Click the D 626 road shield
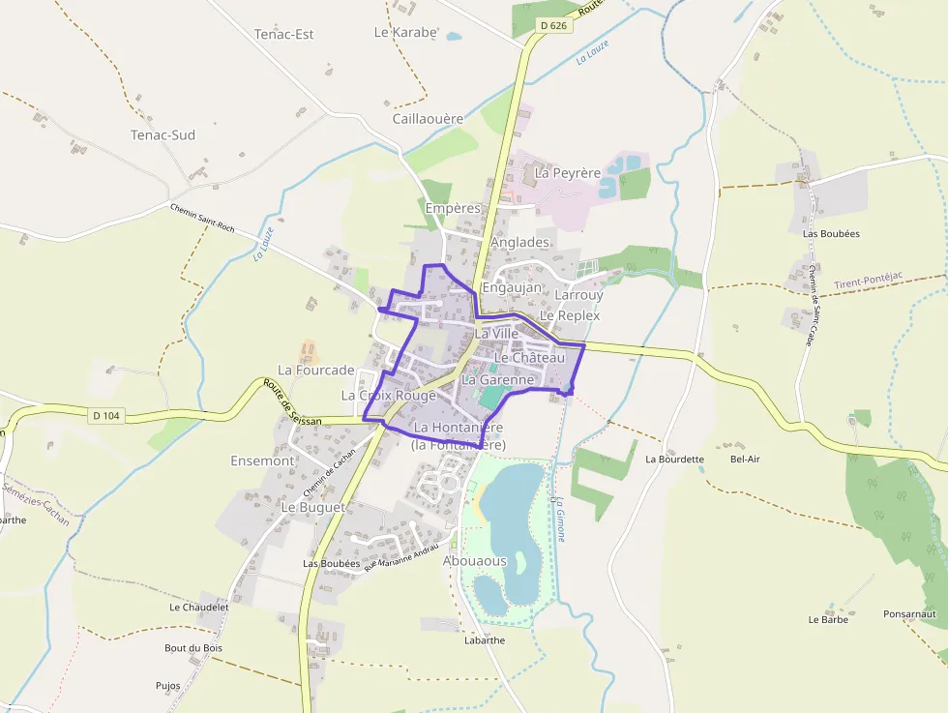[553, 25]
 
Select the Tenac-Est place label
[284, 34]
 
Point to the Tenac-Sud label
[163, 134]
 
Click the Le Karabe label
[405, 32]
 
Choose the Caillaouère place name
[428, 118]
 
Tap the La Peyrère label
[568, 173]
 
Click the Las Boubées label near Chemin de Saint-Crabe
[831, 233]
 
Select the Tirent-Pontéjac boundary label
[868, 278]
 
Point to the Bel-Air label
[745, 459]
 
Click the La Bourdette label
[675, 459]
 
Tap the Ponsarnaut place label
[909, 613]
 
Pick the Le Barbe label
[828, 619]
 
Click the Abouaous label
[474, 561]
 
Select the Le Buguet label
[312, 507]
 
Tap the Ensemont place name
[262, 460]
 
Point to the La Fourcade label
[316, 370]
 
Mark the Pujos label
[167, 686]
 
